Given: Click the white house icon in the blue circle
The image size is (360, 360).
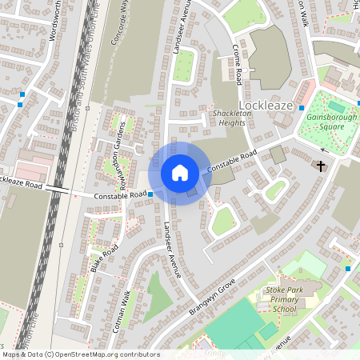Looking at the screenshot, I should [x=179, y=173].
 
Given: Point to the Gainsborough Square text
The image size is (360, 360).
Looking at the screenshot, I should [x=330, y=122].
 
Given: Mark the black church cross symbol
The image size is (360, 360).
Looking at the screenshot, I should [x=321, y=166].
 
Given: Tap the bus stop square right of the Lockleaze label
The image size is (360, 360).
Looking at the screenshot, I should [x=302, y=108].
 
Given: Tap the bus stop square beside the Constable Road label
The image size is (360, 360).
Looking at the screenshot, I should [x=150, y=194].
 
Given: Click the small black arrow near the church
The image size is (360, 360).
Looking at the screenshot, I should [x=325, y=150].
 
